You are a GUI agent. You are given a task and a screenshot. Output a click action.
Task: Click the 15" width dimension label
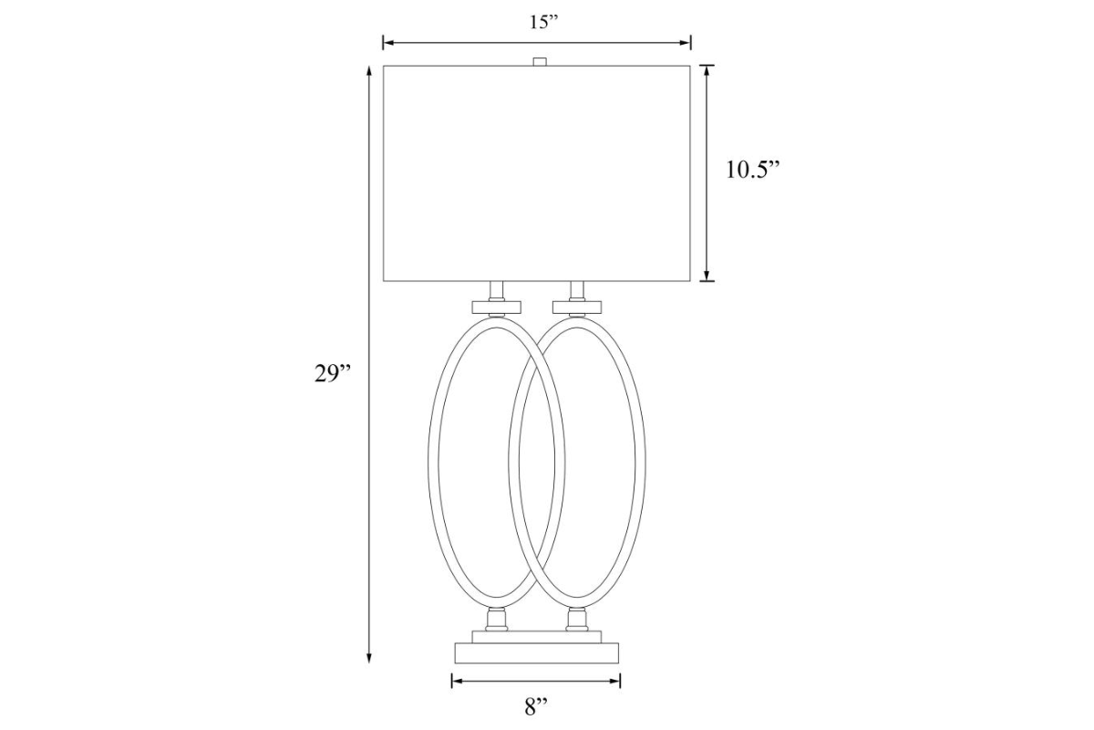[x=543, y=23]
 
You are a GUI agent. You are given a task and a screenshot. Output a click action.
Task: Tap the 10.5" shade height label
[x=753, y=170]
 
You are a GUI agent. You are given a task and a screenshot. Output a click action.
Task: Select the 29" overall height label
[x=333, y=374]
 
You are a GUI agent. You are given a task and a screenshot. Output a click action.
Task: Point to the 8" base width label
[x=536, y=707]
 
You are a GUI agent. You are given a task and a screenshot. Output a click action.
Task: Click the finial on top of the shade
[x=539, y=62]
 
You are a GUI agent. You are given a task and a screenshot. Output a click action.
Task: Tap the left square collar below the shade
[x=496, y=308]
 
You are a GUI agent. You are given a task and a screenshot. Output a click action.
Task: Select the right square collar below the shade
[x=577, y=308]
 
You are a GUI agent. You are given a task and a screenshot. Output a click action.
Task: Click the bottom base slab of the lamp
[x=537, y=653]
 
